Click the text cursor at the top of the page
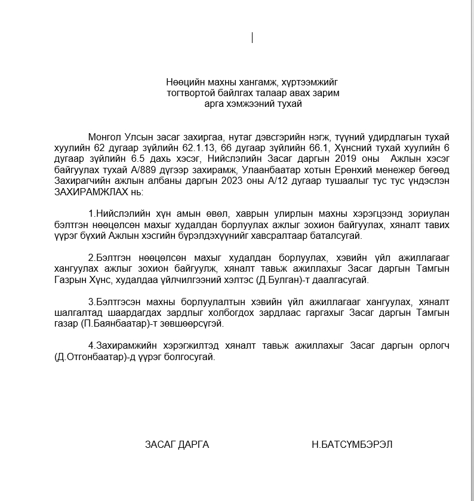(253, 38)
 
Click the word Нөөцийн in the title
(182, 82)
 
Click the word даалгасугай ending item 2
(347, 279)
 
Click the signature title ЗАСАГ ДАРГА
(177, 445)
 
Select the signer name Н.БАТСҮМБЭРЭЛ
(352, 445)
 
